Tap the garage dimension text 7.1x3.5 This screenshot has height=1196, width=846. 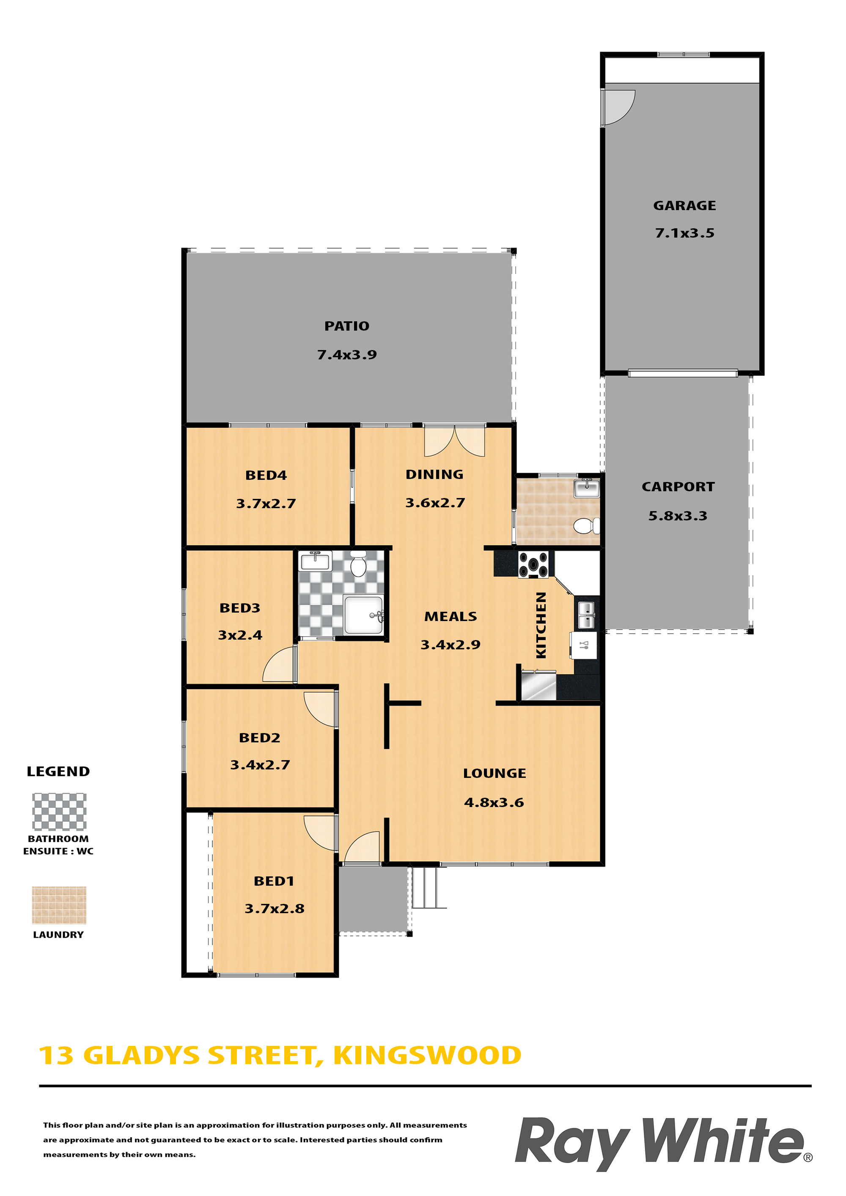point(684,233)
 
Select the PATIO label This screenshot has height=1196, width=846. point(346,326)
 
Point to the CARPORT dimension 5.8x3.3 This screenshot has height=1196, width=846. point(678,516)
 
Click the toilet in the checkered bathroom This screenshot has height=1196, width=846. point(358,564)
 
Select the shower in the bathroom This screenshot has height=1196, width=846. point(363,615)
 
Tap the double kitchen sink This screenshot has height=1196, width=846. point(586,615)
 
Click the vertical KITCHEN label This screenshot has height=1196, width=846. point(541,625)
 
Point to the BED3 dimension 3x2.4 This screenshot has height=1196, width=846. point(240,635)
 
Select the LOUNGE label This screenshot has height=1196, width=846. point(494,773)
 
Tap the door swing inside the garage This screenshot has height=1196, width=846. point(618,108)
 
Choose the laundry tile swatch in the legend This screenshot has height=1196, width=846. point(59,905)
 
